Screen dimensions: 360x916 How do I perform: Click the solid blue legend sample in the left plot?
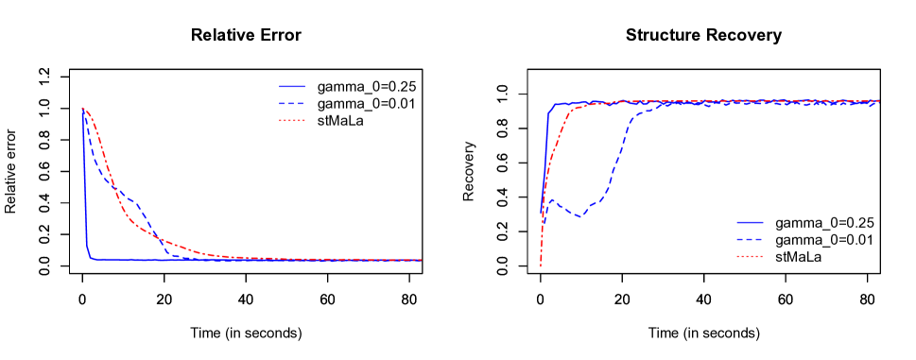pyautogui.click(x=292, y=86)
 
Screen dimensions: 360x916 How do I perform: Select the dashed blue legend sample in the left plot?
pyautogui.click(x=292, y=103)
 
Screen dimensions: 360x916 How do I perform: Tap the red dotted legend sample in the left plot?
pyautogui.click(x=292, y=120)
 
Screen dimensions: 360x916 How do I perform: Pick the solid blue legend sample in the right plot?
pyautogui.click(x=750, y=222)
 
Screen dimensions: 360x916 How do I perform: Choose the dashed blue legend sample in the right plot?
pyautogui.click(x=750, y=239)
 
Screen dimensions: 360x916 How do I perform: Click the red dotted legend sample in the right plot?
pyautogui.click(x=750, y=256)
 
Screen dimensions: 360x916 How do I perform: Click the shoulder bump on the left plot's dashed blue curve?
pyautogui.click(x=135, y=202)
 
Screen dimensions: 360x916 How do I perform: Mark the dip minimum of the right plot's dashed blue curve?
pyautogui.click(x=580, y=216)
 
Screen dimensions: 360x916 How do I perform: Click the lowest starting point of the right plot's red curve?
pyautogui.click(x=541, y=266)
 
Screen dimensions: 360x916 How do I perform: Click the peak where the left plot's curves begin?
pyautogui.click(x=83, y=109)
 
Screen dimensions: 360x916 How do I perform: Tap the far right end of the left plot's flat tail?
pyautogui.click(x=420, y=260)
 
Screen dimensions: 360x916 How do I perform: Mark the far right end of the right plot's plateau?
pyautogui.click(x=878, y=101)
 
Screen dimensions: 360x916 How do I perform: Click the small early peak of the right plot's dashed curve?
pyautogui.click(x=551, y=200)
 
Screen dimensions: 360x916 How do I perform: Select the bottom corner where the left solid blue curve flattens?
pyautogui.click(x=91, y=258)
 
